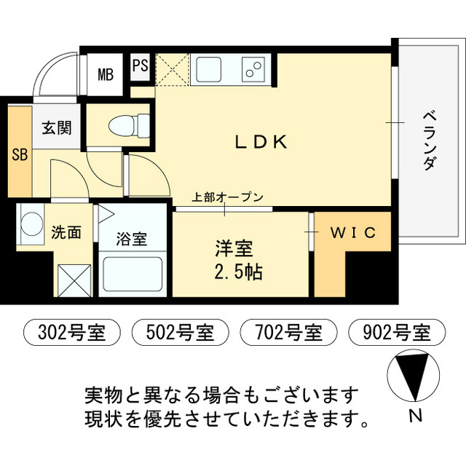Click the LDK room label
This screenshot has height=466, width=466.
pos(261,142)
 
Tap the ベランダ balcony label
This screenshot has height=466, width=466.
pos(429,141)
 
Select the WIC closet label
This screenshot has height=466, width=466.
pos(353,233)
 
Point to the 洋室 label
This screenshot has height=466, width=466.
pos(234,249)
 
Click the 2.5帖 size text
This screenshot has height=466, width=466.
pos(235,273)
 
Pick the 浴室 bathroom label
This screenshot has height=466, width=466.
pos(133,239)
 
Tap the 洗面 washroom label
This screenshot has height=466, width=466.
pos(66,233)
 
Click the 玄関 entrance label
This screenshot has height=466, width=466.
pos(56,129)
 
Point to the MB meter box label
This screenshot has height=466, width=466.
pos(106,74)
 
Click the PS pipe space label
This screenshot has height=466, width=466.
pos(141,66)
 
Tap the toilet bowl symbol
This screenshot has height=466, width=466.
pos(125,127)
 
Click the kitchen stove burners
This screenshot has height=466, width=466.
pos(253,70)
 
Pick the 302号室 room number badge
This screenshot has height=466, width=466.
pos(66,333)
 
